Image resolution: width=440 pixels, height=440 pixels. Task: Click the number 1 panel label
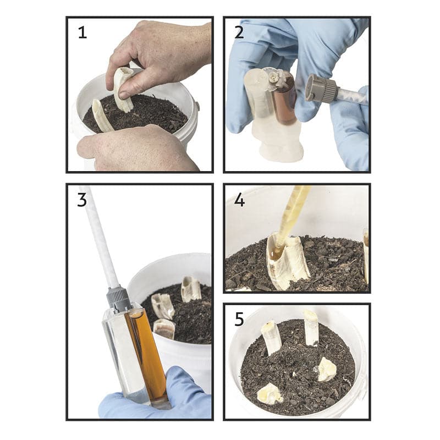82,32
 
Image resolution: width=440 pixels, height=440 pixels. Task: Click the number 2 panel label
239,32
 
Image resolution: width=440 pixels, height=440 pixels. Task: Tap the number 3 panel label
82,200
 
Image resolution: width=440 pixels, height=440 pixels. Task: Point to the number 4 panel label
239,200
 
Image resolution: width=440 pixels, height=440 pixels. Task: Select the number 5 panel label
239,320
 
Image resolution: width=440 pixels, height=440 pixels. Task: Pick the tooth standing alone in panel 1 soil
102,116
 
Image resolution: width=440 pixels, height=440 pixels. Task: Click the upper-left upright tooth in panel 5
271,338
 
